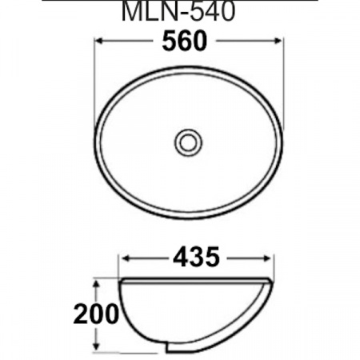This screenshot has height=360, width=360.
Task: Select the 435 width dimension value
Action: coord(195,257)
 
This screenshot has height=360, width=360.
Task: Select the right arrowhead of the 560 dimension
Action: coord(280,41)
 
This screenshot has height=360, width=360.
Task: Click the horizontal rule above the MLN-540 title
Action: coord(180,1)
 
